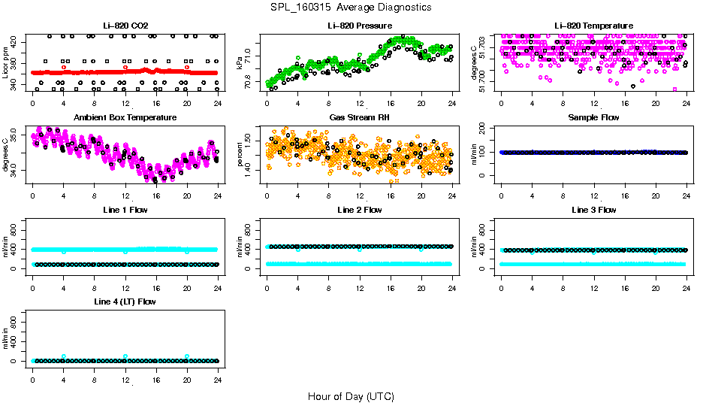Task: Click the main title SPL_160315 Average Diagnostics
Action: pos(351,7)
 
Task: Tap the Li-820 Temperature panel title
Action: pos(593,26)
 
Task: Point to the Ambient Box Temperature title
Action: pos(125,117)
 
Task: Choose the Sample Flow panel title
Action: pos(593,117)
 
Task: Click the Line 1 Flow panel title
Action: pos(125,210)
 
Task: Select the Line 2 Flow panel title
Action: pos(359,210)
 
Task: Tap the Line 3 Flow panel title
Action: pos(593,210)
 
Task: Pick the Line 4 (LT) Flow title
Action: pos(125,301)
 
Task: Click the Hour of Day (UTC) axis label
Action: pos(351,396)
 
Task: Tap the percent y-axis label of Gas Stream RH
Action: pos(240,154)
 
